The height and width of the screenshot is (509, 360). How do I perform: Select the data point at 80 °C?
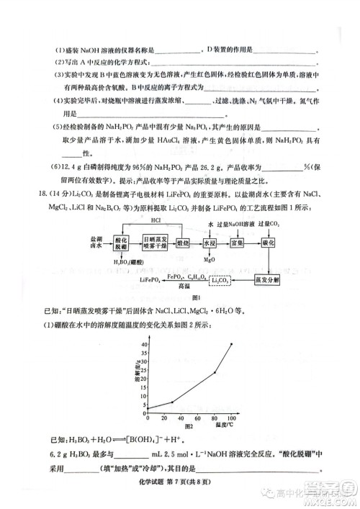215,372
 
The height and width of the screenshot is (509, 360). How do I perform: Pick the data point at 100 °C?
232,344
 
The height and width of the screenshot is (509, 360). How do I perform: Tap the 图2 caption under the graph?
171,425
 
